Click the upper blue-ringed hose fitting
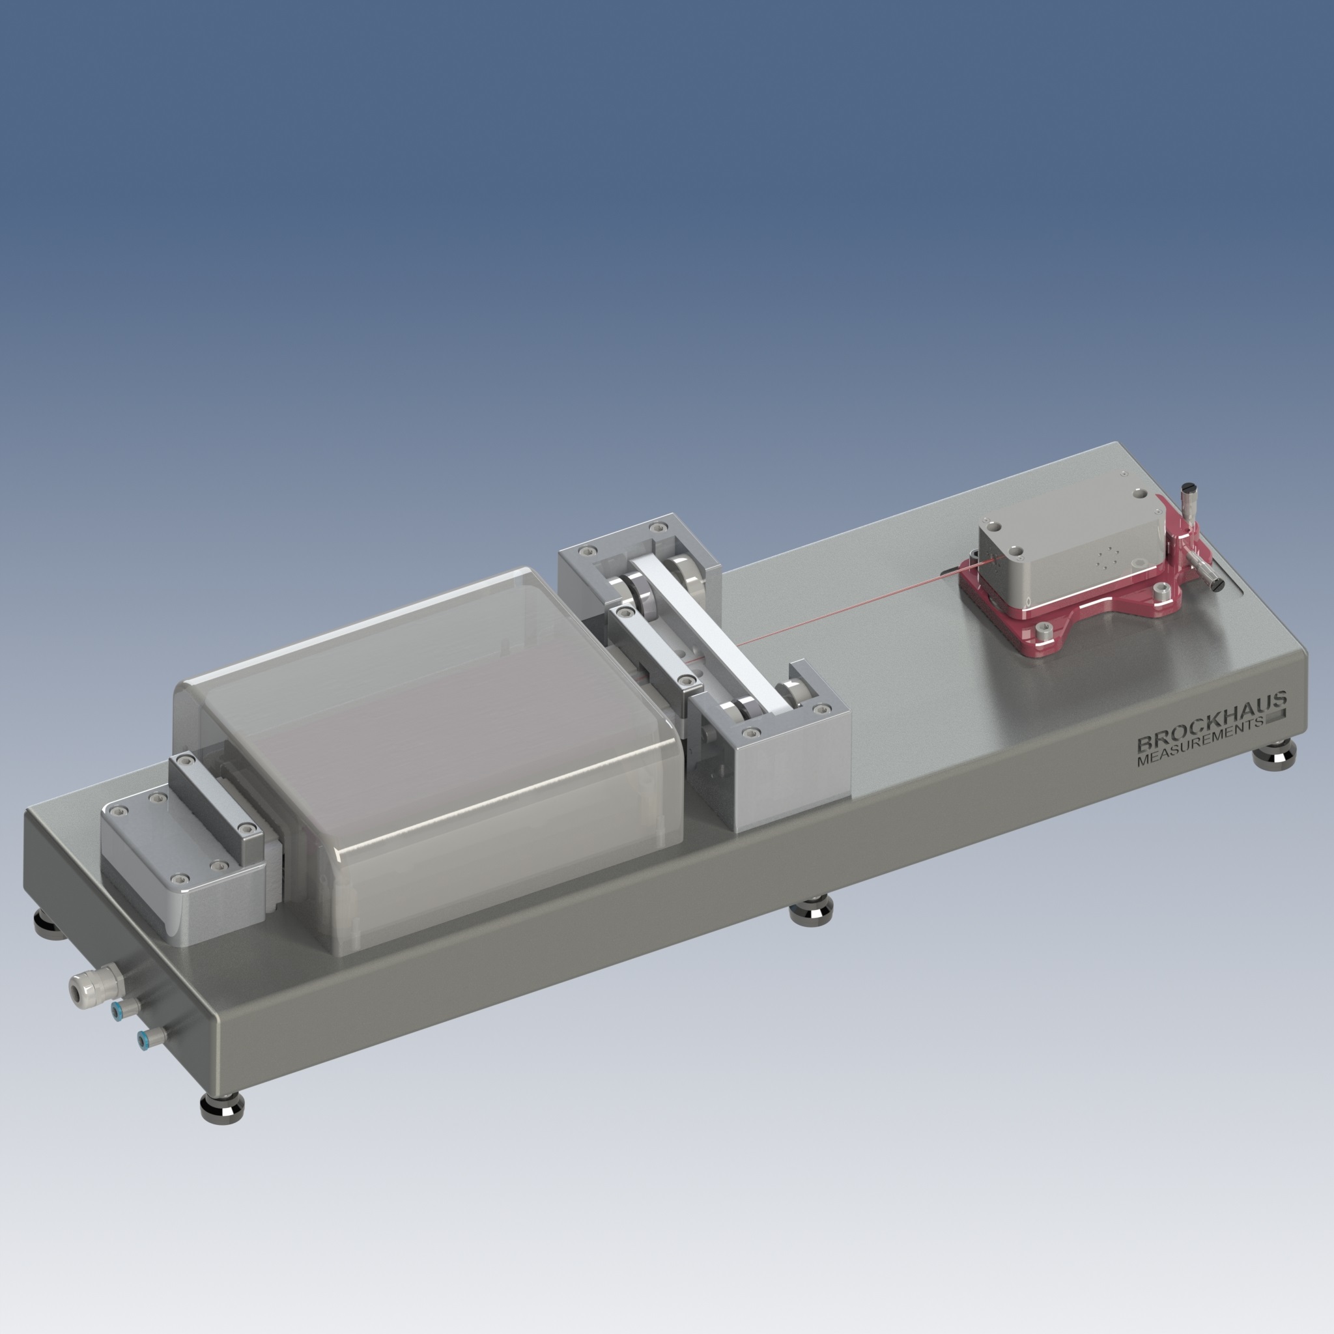[122, 1010]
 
